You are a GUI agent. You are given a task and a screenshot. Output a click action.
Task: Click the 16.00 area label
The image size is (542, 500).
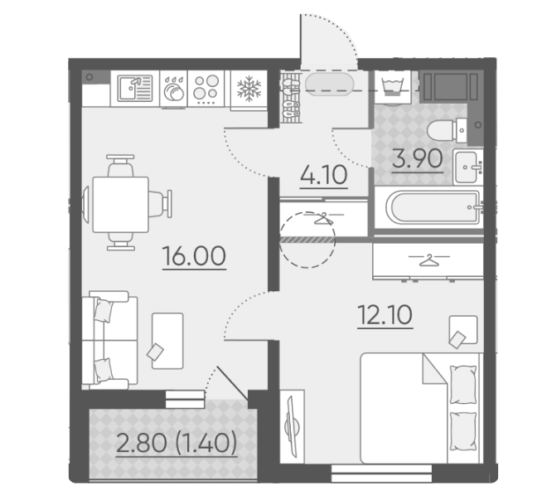pos(195,257)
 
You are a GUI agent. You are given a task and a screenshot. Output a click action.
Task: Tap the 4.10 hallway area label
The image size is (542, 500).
pos(322,176)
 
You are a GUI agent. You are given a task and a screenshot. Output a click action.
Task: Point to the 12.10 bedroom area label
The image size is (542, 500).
pos(385,316)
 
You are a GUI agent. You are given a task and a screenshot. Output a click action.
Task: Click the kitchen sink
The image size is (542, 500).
pos(133,89)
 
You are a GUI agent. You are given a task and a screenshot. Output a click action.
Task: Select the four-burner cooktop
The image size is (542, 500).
pos(207,89)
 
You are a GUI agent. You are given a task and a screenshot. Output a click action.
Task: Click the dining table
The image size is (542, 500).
pos(121,203)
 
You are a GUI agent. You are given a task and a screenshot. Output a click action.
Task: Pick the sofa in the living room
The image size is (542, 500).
pos(108,339)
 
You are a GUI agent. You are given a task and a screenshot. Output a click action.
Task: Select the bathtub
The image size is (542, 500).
pos(425,206)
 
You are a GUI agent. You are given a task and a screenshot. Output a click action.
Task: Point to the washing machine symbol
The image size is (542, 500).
pos(391,85)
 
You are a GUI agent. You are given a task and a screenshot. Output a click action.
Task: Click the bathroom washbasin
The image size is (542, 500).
pos(467,165)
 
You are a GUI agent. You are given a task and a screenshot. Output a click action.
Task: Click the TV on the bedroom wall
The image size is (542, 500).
pos(289,427)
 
